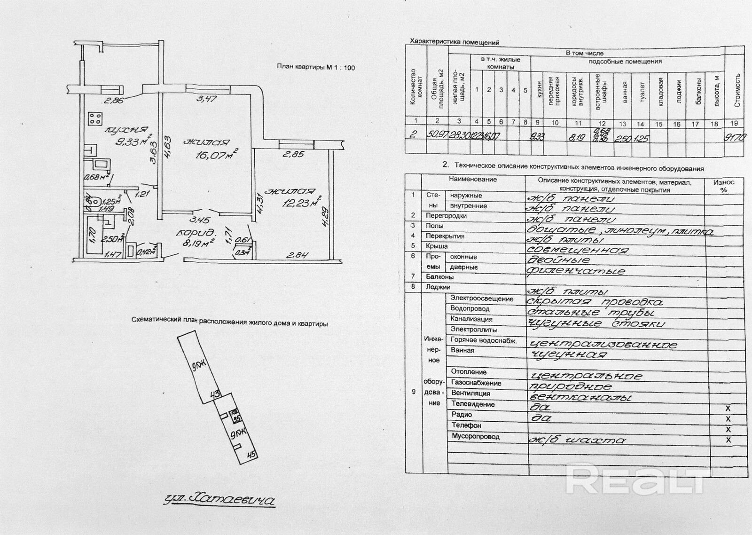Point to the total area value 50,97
[437, 134]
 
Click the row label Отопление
[469, 372]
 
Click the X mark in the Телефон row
[728, 430]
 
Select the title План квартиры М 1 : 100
[315, 67]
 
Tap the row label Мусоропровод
[475, 436]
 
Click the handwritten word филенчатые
[576, 271]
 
